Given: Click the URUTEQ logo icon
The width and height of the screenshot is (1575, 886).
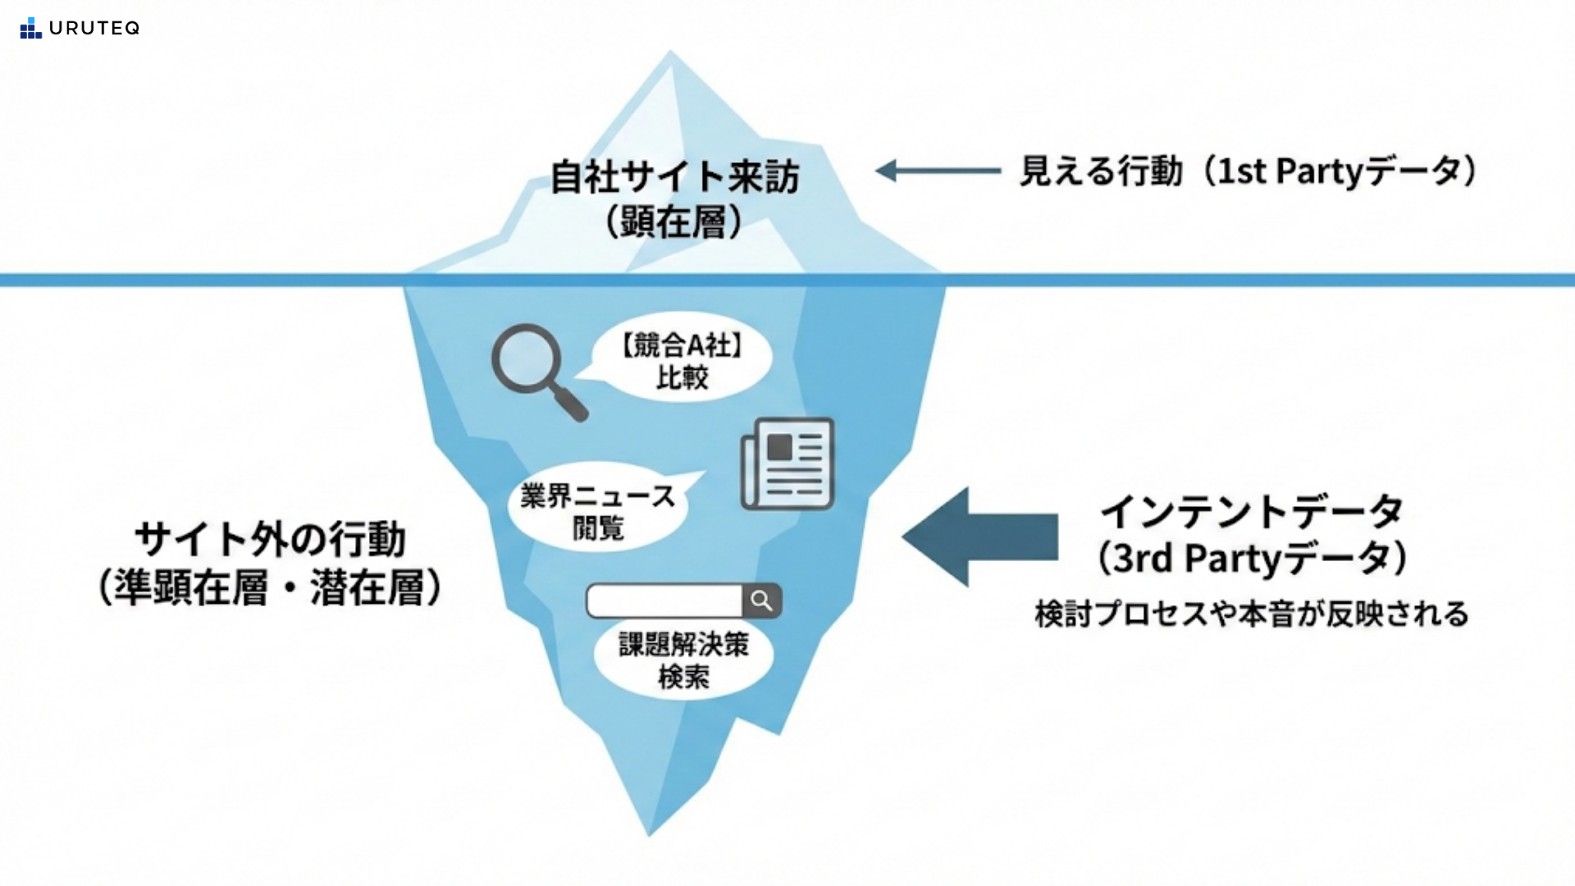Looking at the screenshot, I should point(30,28).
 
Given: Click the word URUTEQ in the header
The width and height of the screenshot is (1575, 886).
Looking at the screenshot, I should point(94,28).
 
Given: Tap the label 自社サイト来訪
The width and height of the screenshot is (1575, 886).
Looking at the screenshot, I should point(673,177).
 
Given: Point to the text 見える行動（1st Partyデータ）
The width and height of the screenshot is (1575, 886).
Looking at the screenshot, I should point(1248,171).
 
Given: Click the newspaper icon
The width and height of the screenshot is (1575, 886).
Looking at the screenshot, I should point(787,464).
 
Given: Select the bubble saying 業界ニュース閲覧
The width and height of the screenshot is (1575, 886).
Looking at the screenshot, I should point(598,511).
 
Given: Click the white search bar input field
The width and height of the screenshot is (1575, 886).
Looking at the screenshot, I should point(664,601).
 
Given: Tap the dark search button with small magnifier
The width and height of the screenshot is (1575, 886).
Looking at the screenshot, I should point(762,601).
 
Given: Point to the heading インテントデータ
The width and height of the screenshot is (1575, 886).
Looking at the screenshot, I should point(1252,512).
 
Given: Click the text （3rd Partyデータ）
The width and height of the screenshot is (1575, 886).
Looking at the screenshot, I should point(1252,559).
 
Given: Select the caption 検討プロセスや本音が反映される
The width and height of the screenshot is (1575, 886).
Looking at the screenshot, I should point(1252,614).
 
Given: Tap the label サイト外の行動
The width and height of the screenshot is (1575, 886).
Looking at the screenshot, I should point(270,540).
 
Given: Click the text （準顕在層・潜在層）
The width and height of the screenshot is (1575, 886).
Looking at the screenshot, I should point(270,587).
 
